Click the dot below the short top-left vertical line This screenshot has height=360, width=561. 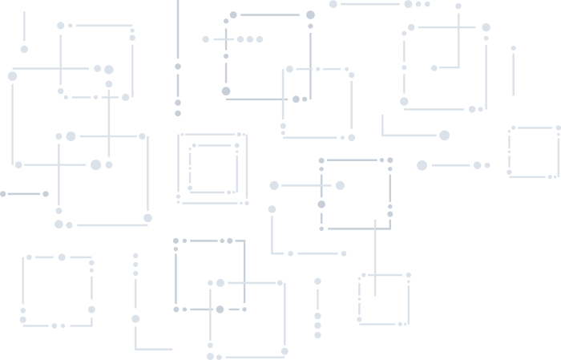click(x=24, y=49)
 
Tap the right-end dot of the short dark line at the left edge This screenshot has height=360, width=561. click(x=46, y=194)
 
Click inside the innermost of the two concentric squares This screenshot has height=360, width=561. click(x=213, y=168)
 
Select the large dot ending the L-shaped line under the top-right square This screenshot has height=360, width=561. click(x=444, y=136)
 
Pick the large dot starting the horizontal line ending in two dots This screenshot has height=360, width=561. click(x=422, y=165)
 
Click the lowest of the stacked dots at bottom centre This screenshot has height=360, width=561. click(x=317, y=335)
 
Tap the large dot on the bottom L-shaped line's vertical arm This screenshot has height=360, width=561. click(x=135, y=319)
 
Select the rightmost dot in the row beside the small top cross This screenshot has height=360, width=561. click(x=260, y=39)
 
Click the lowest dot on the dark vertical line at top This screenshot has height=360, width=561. click(x=178, y=114)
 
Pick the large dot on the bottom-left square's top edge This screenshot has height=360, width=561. click(x=62, y=257)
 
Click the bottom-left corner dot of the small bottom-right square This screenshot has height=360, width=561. click(x=360, y=321)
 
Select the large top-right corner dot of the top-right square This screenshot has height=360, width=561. click(x=486, y=27)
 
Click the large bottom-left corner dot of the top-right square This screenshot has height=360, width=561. click(x=404, y=102)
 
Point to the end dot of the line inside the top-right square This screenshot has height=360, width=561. click(x=434, y=68)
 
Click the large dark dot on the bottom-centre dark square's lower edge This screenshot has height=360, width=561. click(x=220, y=309)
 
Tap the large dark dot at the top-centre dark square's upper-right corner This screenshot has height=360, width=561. click(x=310, y=14)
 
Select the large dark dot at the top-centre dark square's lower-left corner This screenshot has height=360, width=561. click(x=226, y=91)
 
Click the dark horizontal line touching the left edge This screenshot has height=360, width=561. click(x=22, y=194)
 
